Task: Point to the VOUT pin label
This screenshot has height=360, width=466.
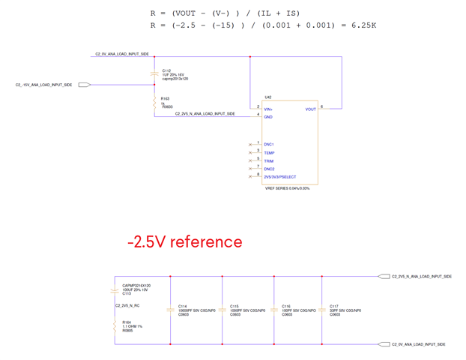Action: click(310, 109)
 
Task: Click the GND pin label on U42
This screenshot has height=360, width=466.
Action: click(267, 117)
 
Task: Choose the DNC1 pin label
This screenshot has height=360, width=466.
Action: click(269, 144)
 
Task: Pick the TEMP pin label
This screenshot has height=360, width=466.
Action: click(269, 153)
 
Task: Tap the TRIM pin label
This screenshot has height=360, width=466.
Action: click(268, 161)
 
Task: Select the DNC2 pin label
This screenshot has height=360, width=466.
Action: click(269, 169)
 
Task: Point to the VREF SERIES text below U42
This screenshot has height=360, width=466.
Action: click(287, 188)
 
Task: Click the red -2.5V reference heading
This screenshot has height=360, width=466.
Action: click(184, 241)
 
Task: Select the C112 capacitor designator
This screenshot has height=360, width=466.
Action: click(166, 70)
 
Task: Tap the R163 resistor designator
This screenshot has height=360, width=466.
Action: click(165, 97)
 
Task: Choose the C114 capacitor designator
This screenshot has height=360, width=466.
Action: click(183, 306)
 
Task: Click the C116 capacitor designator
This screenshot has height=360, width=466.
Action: click(286, 306)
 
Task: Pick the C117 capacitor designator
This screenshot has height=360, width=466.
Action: click(334, 306)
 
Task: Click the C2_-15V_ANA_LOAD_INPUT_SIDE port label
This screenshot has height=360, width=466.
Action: click(44, 85)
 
